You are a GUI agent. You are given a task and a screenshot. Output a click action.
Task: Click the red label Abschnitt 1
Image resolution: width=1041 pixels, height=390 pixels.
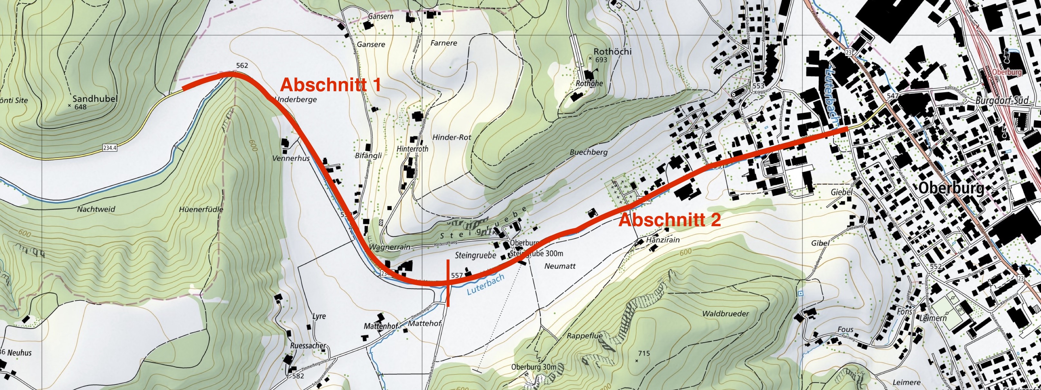[x=330, y=85]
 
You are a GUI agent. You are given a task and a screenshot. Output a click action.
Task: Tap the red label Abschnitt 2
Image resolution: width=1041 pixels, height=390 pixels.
[x=670, y=220]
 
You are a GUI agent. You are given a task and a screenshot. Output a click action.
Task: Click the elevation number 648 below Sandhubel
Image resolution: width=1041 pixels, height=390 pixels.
[x=81, y=107]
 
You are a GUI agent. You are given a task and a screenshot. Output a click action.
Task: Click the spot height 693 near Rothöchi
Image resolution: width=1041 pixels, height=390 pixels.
[x=601, y=60]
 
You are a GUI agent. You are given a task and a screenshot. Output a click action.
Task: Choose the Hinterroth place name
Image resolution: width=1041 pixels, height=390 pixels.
[x=412, y=149]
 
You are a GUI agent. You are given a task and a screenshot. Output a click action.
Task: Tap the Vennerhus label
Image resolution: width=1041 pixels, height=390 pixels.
[x=291, y=158]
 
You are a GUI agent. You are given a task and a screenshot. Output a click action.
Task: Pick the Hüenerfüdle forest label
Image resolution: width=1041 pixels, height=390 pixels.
[x=201, y=210]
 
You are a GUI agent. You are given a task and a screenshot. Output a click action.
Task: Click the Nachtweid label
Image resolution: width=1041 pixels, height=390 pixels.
[x=96, y=209]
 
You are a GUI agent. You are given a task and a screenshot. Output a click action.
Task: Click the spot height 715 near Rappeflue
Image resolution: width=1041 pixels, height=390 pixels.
[x=644, y=354]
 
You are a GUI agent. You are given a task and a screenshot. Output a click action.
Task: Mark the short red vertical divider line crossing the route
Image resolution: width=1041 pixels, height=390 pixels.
[x=448, y=283]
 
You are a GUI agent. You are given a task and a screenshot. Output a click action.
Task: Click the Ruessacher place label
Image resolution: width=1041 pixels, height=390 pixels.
[x=308, y=346]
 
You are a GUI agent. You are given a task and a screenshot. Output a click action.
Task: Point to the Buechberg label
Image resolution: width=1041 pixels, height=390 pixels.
[x=588, y=152]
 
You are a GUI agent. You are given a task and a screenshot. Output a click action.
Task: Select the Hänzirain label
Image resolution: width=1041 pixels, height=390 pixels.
[x=663, y=239]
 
